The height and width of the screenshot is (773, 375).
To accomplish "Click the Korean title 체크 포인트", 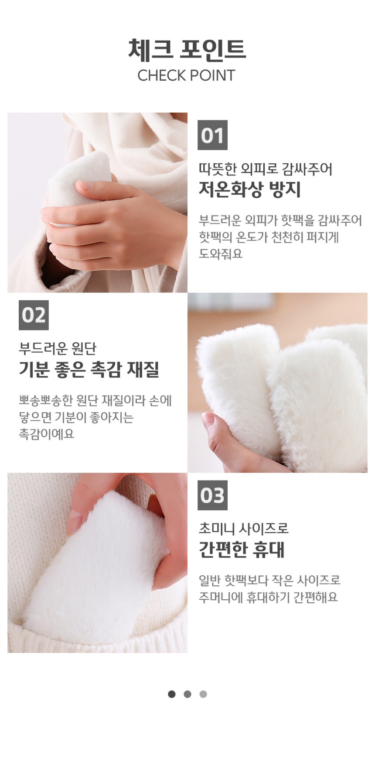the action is (x=187, y=49).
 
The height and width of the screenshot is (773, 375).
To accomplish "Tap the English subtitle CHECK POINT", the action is (x=186, y=76).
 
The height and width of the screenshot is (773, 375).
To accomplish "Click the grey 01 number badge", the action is (x=213, y=135).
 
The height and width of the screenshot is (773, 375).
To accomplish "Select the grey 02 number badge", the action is (x=34, y=315).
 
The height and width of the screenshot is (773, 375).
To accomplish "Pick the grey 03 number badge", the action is (x=213, y=495).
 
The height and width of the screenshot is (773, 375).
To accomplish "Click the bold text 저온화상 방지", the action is (x=250, y=189).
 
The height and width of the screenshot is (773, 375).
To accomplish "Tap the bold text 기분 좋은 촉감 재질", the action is (x=89, y=369).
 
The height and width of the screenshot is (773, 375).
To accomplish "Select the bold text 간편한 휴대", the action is (x=242, y=550).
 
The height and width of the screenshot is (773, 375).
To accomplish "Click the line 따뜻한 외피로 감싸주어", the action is (x=266, y=168).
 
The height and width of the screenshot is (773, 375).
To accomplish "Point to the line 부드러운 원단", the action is (x=58, y=348).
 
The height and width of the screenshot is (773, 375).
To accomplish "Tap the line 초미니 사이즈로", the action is (x=244, y=529).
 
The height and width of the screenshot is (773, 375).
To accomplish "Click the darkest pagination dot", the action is (x=172, y=694).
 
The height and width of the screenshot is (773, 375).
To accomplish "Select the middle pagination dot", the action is (x=187, y=694).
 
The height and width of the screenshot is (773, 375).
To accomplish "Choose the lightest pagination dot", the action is (x=203, y=694).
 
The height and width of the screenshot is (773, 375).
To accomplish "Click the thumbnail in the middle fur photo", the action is (x=208, y=419).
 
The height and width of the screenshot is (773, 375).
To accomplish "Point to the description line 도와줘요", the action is (x=221, y=254).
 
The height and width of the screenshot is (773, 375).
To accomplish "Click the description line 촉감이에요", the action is (x=47, y=434).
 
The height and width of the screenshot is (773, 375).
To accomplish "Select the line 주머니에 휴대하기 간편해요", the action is (x=268, y=597).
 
